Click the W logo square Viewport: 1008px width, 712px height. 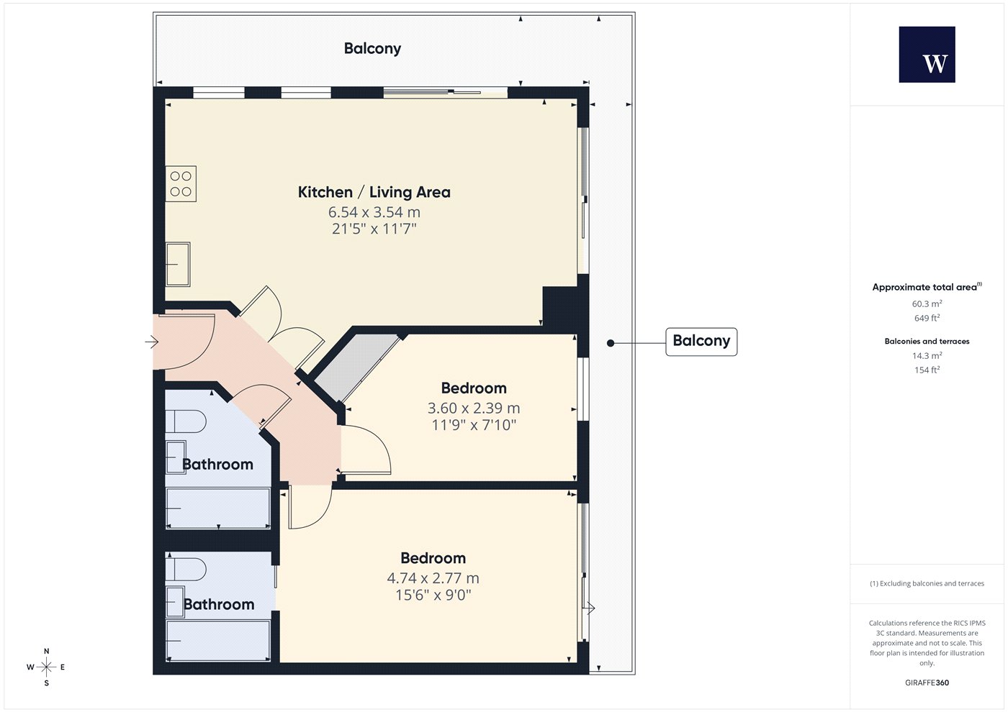pos(927,55)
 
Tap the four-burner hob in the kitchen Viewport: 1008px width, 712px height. pos(181,183)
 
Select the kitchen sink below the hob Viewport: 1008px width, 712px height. pos(178,265)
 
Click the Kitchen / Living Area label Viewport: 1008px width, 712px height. pos(374,193)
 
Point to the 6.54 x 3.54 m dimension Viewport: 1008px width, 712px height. pos(374,211)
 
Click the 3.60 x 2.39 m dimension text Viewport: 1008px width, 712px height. pos(474,408)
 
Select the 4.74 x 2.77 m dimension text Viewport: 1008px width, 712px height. pos(433,578)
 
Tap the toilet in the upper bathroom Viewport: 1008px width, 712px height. pos(186,421)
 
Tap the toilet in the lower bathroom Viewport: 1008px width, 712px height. pos(186,570)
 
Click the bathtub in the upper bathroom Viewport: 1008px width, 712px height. pos(218,508)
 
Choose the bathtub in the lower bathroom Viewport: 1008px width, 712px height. pos(218,641)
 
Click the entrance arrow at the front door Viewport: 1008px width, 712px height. pos(152,342)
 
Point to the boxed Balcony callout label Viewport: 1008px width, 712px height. pos(701,342)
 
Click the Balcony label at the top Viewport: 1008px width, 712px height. pos(373,49)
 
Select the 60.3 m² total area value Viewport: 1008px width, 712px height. pos(927,303)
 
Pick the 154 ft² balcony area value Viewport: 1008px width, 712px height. pos(927,370)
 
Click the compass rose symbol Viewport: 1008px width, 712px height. pos(46,667)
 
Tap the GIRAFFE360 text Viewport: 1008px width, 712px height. pos(927,683)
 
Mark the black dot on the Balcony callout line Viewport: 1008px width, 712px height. pos(611,343)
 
